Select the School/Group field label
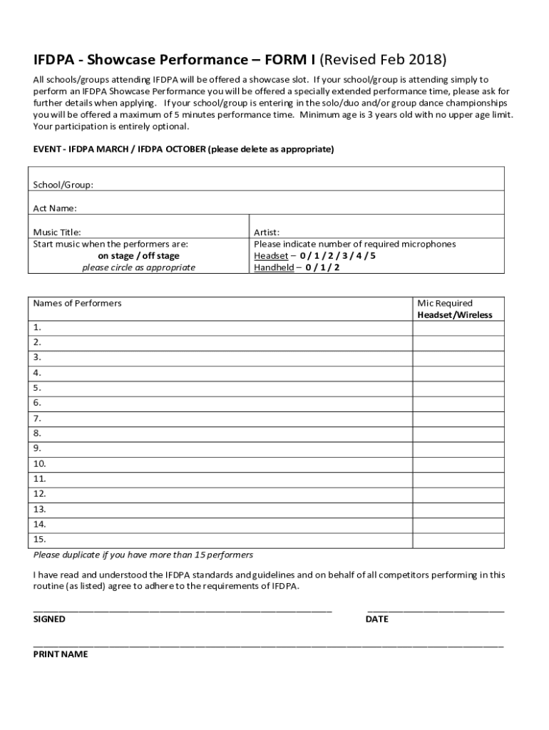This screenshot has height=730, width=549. coord(63,185)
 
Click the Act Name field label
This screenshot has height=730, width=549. coord(55,208)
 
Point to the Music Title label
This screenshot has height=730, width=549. coord(57,232)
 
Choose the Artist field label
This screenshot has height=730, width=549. coord(267,232)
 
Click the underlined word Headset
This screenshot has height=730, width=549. coord(271,256)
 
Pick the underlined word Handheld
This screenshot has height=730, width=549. coord(274,267)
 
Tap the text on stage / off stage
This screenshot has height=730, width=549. coord(138,256)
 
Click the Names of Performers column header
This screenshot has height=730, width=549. coord(77,303)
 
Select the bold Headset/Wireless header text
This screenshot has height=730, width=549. coord(454,315)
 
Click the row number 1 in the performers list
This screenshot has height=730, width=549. coord(37,328)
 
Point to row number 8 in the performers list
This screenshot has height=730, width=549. coord(37,433)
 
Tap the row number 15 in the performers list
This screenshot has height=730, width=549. coord(39,540)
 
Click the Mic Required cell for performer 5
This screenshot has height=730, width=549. coord(458,388)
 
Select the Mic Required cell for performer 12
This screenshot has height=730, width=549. coord(458,493)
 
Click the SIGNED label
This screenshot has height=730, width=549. coord(49,620)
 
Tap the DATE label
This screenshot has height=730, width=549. coord(376,620)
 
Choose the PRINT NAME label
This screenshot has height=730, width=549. coord(61,654)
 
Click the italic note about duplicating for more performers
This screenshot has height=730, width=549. coord(143,555)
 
